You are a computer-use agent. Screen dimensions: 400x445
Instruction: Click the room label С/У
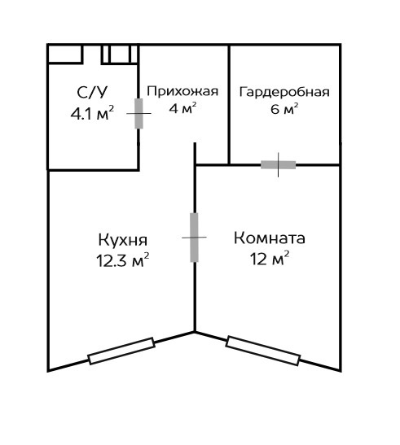[92, 93]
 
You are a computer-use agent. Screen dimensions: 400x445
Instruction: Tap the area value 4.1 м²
[92, 114]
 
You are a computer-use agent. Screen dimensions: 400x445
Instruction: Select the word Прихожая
[182, 91]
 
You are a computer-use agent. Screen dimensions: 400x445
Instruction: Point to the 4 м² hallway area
[182, 108]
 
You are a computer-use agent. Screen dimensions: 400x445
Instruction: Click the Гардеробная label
[284, 92]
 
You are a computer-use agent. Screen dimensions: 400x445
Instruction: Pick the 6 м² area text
[284, 109]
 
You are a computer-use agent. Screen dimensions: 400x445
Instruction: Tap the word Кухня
[123, 240]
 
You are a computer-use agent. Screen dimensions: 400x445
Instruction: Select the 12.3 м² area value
[122, 260]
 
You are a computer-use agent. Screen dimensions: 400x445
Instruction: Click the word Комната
[269, 238]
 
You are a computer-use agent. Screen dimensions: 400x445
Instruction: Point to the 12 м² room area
[269, 258]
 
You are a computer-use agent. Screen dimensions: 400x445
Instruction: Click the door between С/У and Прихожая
[138, 114]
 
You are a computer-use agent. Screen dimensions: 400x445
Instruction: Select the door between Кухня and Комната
[194, 238]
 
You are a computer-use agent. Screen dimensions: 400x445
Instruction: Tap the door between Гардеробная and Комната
[278, 165]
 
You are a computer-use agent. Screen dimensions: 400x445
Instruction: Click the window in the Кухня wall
[121, 351]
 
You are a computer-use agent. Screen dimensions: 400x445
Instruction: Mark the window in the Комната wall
[263, 351]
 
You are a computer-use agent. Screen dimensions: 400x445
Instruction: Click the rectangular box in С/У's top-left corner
[65, 54]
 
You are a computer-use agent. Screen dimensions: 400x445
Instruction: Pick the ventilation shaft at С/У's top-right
[120, 54]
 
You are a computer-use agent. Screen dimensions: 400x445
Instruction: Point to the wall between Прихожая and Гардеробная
[229, 104]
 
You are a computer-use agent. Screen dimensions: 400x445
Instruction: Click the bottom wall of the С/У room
[93, 170]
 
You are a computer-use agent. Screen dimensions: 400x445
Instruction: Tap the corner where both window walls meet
[195, 331]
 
